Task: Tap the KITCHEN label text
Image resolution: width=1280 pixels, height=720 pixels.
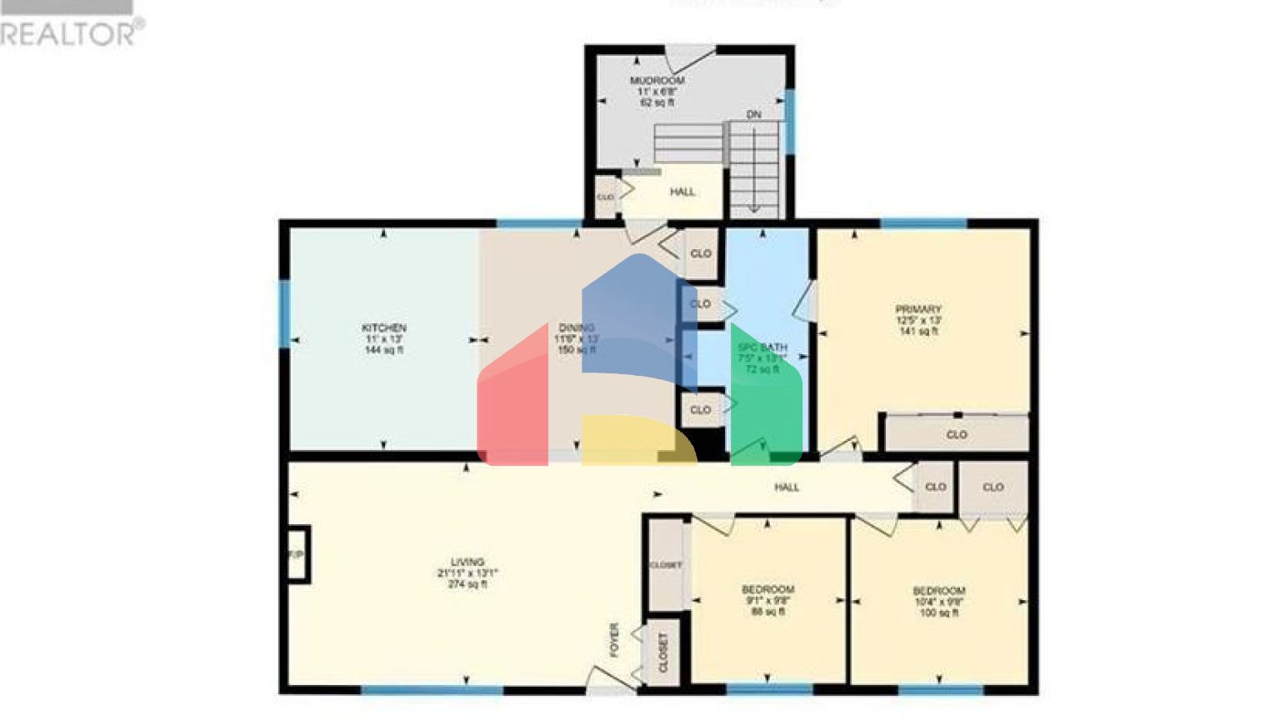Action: coord(383,328)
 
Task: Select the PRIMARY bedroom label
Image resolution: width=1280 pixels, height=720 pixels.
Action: coord(918,309)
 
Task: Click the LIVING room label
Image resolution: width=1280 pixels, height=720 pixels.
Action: coord(467,562)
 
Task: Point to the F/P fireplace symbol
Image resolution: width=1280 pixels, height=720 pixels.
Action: coord(296,554)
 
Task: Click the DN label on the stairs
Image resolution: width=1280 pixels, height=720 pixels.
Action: coord(753,115)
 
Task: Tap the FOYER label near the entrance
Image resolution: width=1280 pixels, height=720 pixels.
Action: coord(615,640)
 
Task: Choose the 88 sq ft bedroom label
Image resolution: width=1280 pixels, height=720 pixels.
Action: coord(767,600)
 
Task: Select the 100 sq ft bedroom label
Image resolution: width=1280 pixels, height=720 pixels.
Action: coord(939,602)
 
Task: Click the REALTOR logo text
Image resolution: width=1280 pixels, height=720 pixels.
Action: coord(72,33)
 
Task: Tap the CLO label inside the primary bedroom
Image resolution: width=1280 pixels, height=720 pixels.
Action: coord(957,435)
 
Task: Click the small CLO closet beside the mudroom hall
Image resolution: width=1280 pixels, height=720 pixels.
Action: coord(605,197)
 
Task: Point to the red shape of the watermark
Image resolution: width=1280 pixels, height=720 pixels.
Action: coord(512,400)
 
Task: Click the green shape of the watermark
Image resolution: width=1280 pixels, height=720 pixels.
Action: coord(767,400)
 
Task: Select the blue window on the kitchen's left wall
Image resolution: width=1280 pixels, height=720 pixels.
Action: coord(285,312)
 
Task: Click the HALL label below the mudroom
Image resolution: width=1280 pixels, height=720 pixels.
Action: coord(682,192)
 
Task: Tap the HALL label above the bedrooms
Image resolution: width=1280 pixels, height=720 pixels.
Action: coord(786,487)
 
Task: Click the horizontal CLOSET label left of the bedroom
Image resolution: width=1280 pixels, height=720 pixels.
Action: coord(666,565)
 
